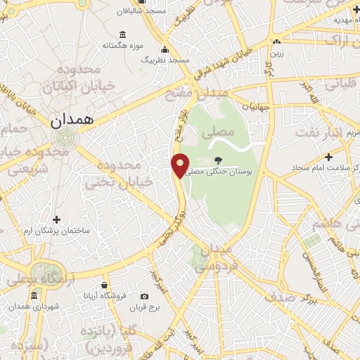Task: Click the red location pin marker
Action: point(180,165)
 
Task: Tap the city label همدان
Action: point(72,120)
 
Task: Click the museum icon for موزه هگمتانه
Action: point(123,34)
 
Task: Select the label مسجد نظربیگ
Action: point(165,60)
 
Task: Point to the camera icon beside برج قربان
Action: point(145,297)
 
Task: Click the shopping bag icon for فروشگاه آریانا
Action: point(104,285)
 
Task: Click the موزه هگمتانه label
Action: point(124,46)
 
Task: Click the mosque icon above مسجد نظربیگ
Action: point(165,49)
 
